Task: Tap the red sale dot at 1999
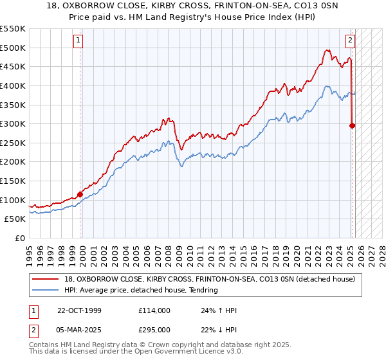click(80, 194)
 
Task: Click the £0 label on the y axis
click(19, 238)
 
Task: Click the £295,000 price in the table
click(154, 329)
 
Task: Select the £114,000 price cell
click(154, 310)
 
